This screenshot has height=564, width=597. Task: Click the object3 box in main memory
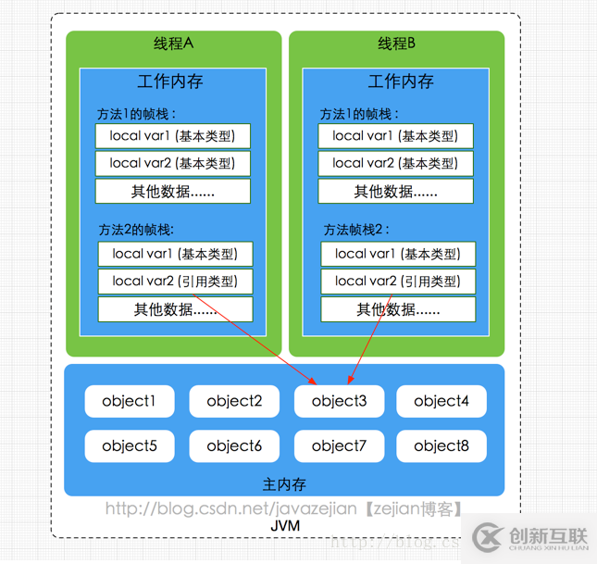pos(340,401)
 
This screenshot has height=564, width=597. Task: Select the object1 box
pos(130,401)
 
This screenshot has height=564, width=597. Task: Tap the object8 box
pos(442,446)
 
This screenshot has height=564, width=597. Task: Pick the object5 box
pos(130,446)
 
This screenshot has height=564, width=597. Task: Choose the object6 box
pos(234,446)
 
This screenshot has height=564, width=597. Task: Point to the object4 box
pos(442,401)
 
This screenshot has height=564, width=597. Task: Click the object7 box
pos(340,446)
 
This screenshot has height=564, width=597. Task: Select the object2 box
pos(234,401)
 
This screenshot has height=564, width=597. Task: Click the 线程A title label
pos(173,44)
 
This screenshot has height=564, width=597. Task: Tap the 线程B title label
pos(397,44)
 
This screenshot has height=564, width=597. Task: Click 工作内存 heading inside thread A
pos(170,81)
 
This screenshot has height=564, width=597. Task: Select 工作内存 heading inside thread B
pos(400,81)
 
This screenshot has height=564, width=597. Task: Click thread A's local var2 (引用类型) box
pos(175,282)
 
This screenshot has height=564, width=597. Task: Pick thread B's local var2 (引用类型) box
pos(398,282)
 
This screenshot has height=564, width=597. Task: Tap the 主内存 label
pos(284,484)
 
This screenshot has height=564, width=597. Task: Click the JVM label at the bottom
pos(285,526)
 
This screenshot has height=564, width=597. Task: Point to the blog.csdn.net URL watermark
pos(283,508)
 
